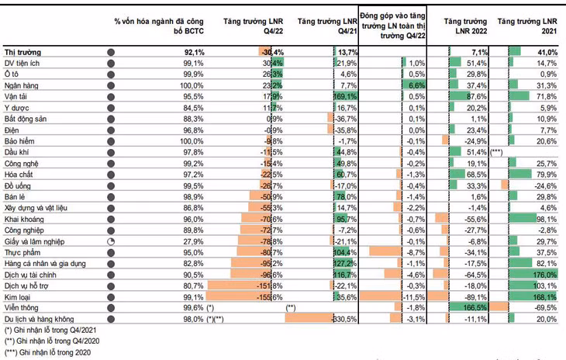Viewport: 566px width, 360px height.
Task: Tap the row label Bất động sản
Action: (x=26, y=119)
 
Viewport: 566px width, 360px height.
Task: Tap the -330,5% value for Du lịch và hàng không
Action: (x=343, y=320)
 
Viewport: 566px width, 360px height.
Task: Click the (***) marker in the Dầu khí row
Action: (x=497, y=154)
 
